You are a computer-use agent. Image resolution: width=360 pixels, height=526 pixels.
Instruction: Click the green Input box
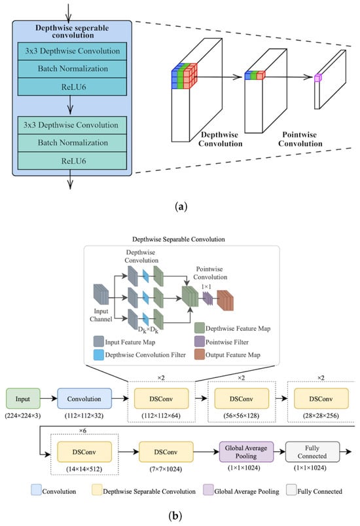click(23, 398)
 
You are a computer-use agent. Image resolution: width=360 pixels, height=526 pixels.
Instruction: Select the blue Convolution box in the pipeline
click(84, 398)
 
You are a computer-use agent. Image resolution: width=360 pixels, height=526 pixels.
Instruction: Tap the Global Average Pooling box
click(246, 452)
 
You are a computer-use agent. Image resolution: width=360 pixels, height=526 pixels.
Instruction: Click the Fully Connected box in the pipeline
click(312, 452)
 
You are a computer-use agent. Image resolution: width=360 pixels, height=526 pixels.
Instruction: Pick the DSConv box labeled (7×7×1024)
click(166, 452)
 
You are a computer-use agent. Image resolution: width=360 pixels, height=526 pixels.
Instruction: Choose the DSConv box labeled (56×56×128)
click(242, 398)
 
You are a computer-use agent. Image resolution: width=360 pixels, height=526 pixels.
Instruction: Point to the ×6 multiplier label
click(82, 430)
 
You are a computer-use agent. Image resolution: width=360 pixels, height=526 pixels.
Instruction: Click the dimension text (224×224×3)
click(23, 416)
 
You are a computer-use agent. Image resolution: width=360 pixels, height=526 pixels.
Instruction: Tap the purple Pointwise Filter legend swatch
click(200, 341)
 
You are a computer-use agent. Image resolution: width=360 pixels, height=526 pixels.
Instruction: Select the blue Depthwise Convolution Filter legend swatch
click(99, 354)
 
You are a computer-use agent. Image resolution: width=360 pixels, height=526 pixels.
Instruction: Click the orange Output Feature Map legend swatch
click(200, 354)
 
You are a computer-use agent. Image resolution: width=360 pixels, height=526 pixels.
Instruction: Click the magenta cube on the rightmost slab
click(317, 77)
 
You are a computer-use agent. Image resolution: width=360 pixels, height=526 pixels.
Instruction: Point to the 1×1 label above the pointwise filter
click(206, 287)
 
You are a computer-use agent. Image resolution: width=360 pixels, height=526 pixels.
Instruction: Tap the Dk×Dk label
click(148, 330)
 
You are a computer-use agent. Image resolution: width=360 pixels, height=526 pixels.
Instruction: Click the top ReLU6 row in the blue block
click(73, 87)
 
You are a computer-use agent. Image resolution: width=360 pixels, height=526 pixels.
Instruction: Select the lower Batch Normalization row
click(73, 143)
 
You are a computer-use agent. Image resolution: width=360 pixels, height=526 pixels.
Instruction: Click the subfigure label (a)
click(181, 206)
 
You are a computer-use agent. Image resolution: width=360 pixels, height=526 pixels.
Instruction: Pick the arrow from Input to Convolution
click(48, 398)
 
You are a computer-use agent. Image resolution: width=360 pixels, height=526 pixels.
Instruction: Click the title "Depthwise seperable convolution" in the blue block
click(73, 31)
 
